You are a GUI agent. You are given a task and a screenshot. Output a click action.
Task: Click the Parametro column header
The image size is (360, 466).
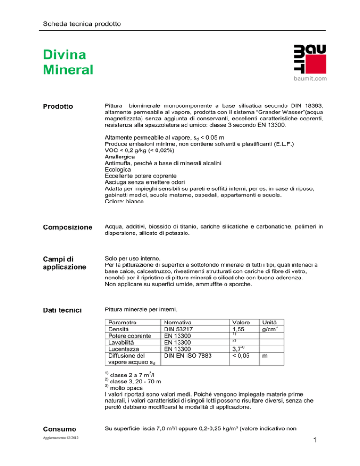coord(122,323)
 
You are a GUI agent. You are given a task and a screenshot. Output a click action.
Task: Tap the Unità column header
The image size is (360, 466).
coord(271,323)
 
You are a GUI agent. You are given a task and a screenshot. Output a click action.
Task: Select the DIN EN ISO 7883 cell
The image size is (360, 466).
coord(186,356)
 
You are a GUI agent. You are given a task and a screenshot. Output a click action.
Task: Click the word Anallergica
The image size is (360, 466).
coord(123,157)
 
